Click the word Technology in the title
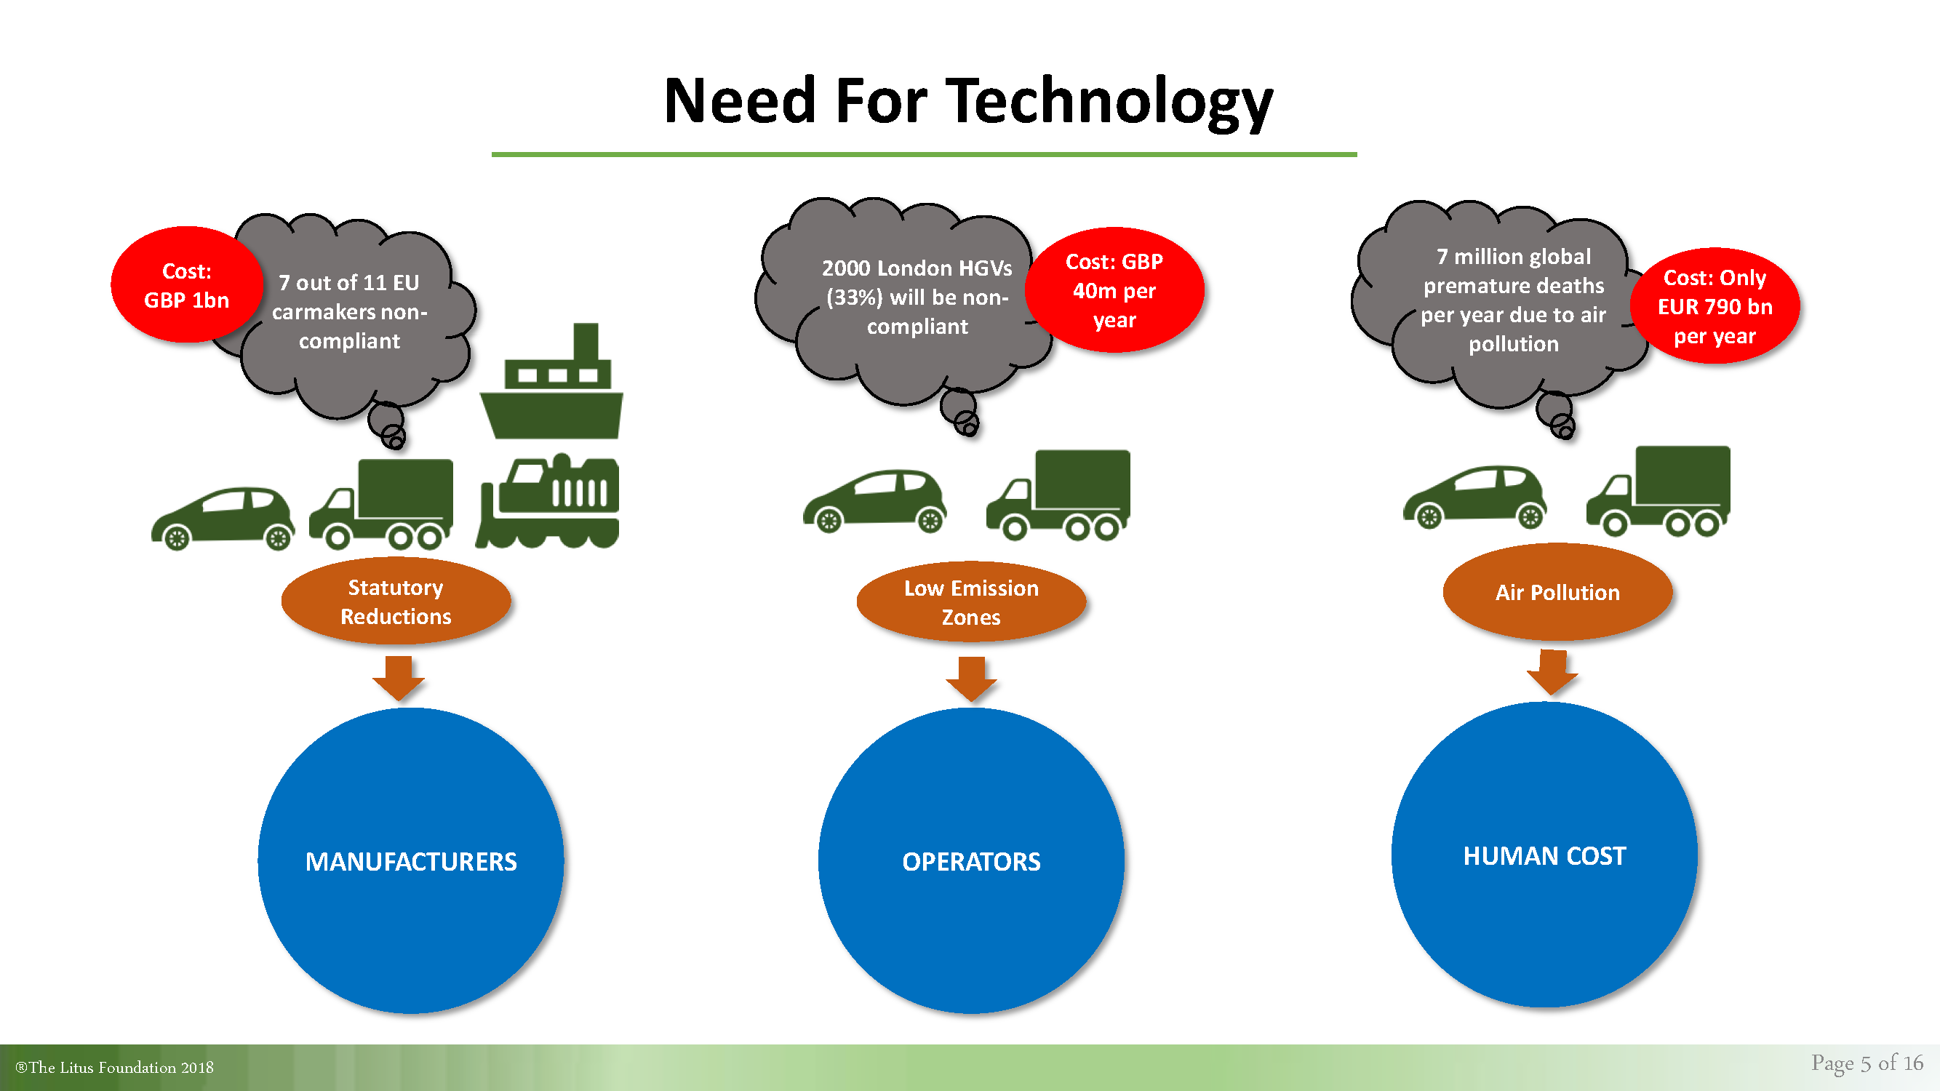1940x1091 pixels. [1109, 103]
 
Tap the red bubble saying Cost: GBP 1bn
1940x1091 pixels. [186, 284]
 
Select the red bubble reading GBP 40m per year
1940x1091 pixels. [1114, 290]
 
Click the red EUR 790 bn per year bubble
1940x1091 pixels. [1715, 305]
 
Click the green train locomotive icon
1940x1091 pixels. [548, 500]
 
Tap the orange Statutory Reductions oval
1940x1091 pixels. [396, 601]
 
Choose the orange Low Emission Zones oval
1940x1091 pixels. [972, 602]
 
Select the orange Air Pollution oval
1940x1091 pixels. [1557, 592]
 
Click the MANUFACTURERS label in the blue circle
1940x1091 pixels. [411, 861]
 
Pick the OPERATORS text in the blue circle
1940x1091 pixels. [972, 861]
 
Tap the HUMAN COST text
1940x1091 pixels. [1544, 856]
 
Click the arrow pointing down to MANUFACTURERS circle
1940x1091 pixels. [399, 678]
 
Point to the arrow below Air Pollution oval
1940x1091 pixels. [1552, 672]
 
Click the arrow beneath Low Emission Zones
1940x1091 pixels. [972, 679]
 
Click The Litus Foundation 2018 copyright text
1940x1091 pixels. [114, 1067]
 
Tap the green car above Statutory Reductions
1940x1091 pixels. [223, 519]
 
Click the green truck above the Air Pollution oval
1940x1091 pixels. [1658, 491]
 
